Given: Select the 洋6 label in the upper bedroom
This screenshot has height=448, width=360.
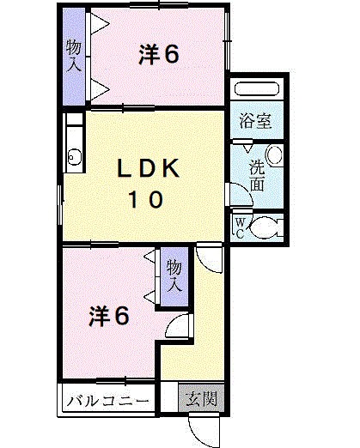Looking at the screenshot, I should [x=159, y=55].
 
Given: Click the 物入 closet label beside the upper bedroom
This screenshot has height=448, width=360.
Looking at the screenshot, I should [x=74, y=54].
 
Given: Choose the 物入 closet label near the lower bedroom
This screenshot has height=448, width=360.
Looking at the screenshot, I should [x=174, y=275].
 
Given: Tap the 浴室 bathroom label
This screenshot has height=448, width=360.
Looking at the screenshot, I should [x=255, y=121].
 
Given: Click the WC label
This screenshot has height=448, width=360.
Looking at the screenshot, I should [x=241, y=227].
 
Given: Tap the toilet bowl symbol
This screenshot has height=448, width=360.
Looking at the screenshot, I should [x=268, y=227].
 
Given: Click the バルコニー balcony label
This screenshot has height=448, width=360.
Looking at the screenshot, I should [x=107, y=401].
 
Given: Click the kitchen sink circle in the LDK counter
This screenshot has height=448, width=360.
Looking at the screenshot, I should [x=73, y=155].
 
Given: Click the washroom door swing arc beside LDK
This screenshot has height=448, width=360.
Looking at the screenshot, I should [x=240, y=196].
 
